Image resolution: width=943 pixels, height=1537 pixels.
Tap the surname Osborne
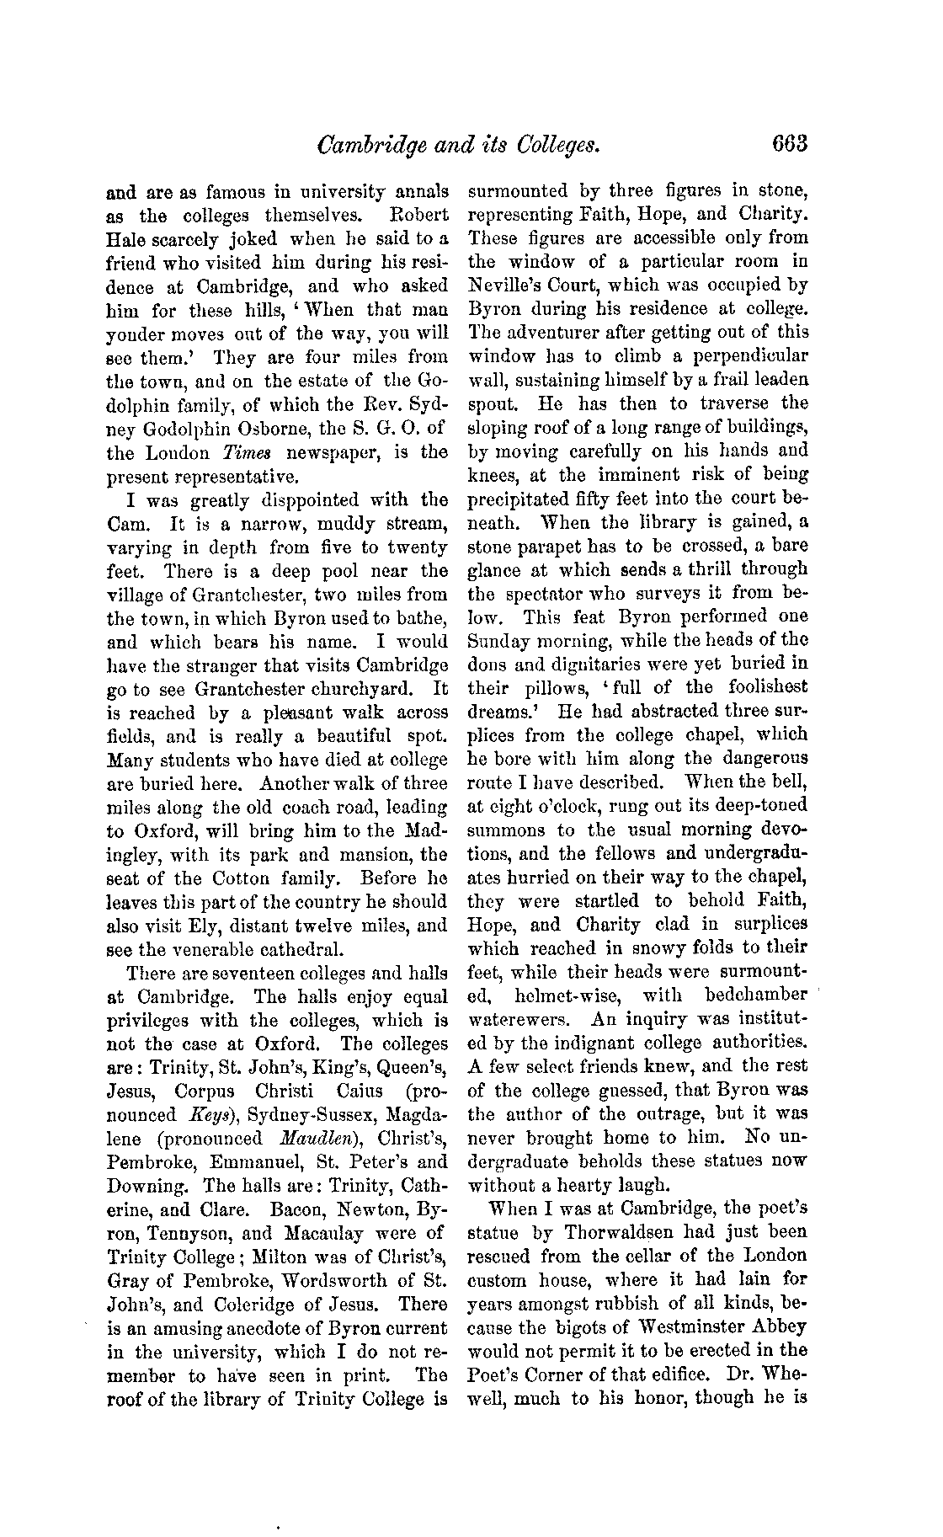coord(245,429)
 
